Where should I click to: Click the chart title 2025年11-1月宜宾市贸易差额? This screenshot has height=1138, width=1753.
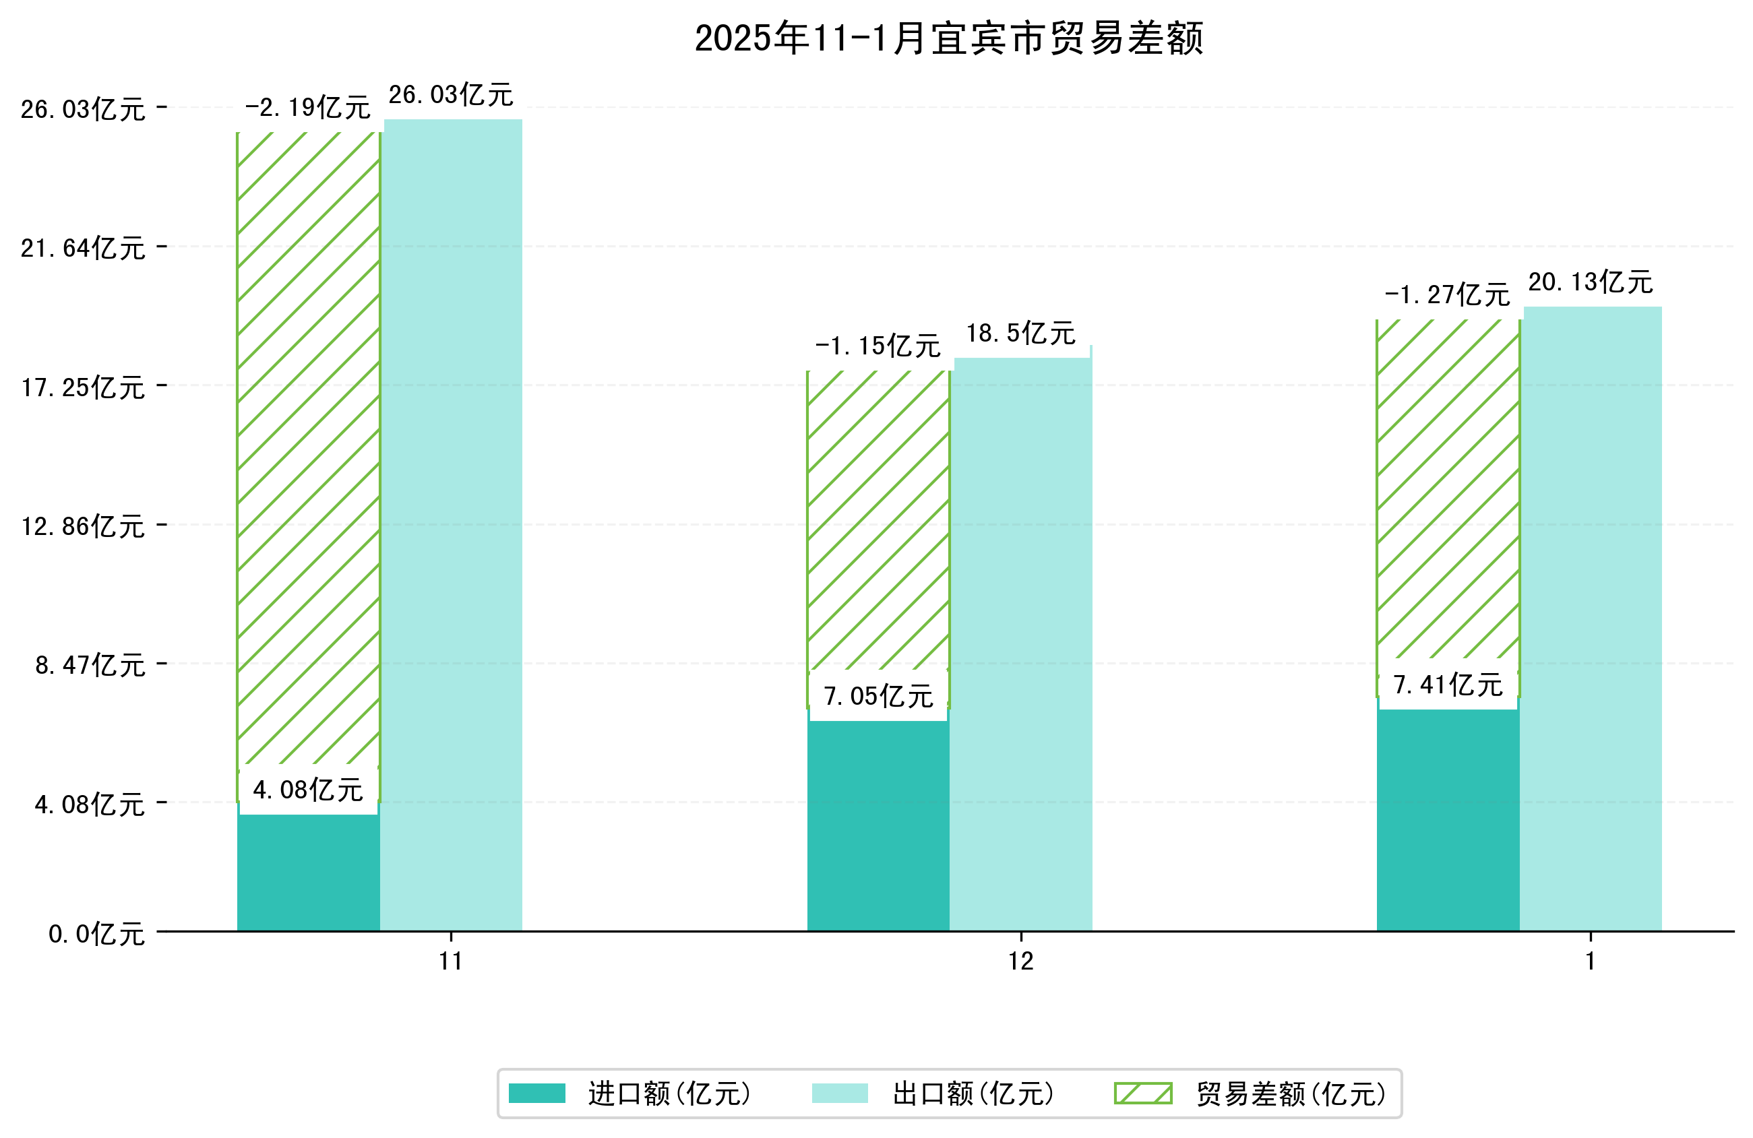[x=949, y=38]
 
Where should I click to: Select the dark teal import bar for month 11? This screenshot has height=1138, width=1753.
[x=308, y=873]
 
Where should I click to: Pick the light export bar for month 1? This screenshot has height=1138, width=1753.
[x=1592, y=619]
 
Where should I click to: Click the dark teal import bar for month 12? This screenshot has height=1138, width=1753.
[x=878, y=825]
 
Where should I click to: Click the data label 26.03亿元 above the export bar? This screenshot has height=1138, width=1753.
[x=451, y=95]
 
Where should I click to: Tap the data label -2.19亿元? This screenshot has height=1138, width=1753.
[x=307, y=108]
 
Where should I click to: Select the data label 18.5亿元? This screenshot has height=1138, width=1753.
[x=1021, y=334]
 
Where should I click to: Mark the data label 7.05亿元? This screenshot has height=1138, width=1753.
[x=878, y=696]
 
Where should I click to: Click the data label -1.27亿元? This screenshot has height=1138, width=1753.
[x=1447, y=295]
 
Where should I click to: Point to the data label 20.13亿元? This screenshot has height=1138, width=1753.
[x=1591, y=282]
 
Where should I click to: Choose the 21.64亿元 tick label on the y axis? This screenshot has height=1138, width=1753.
[x=83, y=248]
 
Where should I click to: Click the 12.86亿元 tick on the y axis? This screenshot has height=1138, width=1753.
[x=83, y=527]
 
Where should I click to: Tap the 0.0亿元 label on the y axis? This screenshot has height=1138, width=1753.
[x=96, y=934]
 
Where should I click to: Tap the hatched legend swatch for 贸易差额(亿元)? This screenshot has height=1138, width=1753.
[x=1142, y=1094]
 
